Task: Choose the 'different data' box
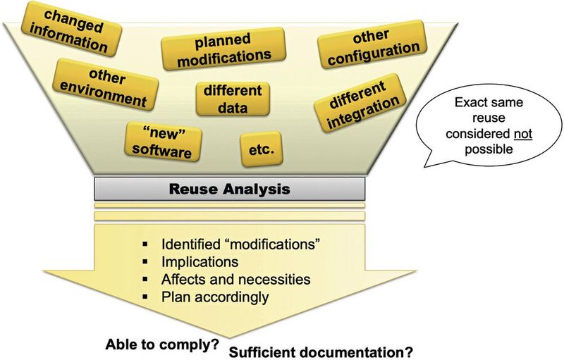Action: (x=232, y=99)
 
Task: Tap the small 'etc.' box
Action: (x=261, y=149)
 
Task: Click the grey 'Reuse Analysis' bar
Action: (x=230, y=190)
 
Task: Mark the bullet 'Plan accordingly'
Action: (x=215, y=297)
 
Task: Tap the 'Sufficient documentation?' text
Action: (x=321, y=352)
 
